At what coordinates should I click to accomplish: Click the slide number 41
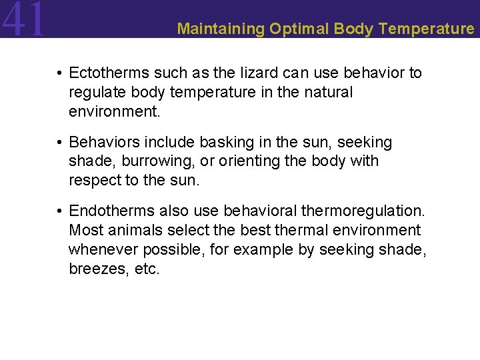24,19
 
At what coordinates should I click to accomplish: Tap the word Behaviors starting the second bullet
101,142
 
